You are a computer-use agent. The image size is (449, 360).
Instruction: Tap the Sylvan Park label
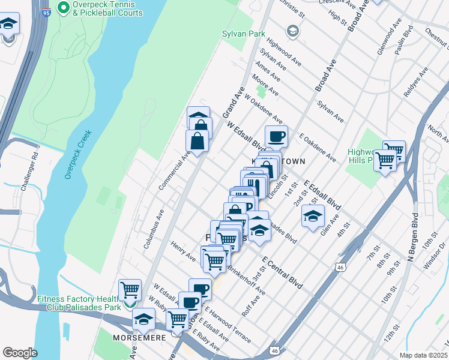243,34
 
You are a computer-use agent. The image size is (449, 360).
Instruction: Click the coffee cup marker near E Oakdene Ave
276,137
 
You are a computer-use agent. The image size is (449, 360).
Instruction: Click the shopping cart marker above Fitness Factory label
130,290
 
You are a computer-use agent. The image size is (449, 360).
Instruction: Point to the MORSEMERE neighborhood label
136,338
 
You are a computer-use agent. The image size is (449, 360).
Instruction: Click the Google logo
20,352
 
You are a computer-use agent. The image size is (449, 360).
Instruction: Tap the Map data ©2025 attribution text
423,355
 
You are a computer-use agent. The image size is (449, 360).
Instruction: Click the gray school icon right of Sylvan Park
292,31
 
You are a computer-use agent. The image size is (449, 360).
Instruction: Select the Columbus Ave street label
154,229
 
